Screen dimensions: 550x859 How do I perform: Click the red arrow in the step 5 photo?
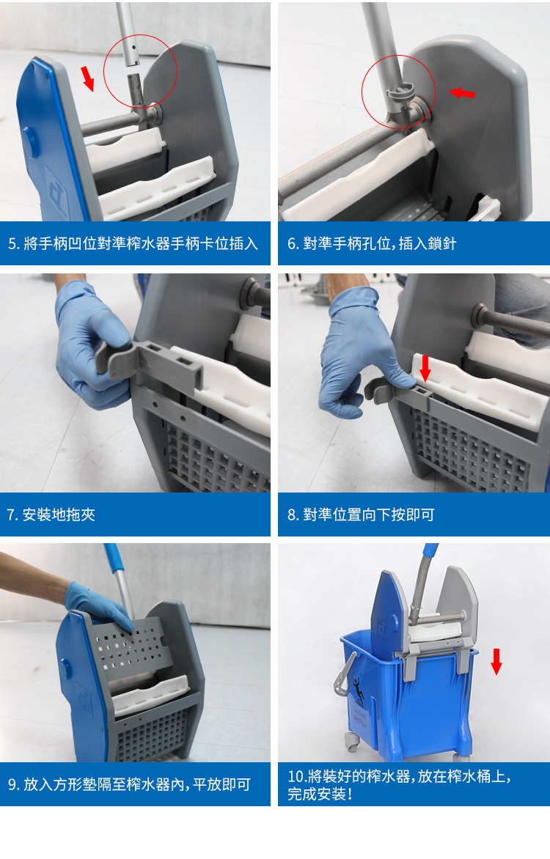[88, 78]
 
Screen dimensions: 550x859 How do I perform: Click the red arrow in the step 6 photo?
[462, 92]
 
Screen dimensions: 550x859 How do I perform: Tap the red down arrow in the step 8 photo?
[425, 367]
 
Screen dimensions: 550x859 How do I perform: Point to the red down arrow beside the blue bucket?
[496, 661]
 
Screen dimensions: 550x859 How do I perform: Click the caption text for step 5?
[133, 243]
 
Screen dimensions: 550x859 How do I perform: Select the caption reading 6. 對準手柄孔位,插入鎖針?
[372, 243]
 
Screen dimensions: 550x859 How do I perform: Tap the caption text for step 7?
[51, 515]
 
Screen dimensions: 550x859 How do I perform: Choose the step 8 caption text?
[361, 515]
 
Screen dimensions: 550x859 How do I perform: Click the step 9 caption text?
[129, 784]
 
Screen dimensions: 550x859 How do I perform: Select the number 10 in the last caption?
[296, 776]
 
